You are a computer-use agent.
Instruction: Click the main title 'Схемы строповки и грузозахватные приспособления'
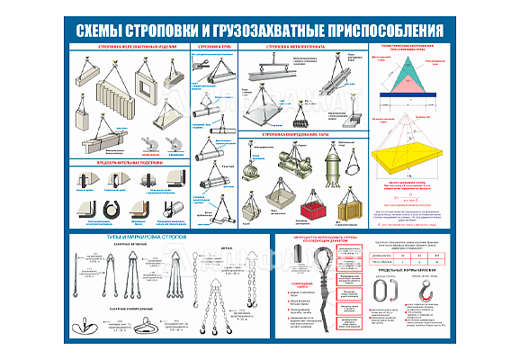260,29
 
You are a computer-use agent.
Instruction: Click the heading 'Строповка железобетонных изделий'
128,45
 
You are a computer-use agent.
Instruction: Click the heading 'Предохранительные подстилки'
128,165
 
